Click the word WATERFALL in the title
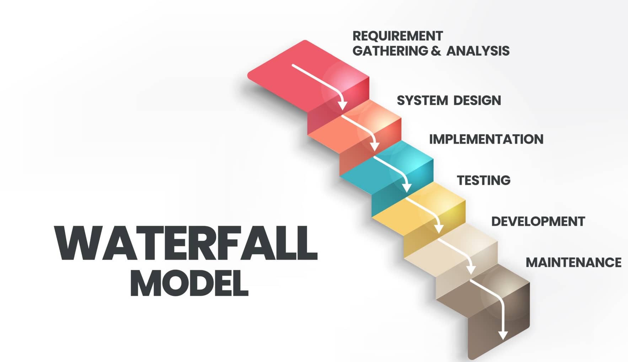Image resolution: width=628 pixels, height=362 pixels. pyautogui.click(x=186, y=243)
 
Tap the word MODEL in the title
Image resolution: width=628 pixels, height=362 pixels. pyautogui.click(x=189, y=284)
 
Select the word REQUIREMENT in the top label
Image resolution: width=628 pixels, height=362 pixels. pyautogui.click(x=397, y=36)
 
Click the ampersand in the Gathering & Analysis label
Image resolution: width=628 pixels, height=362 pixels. pyautogui.click(x=435, y=51)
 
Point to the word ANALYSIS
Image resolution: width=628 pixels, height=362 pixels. pyautogui.click(x=478, y=51)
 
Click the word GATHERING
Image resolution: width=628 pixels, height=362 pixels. pyautogui.click(x=390, y=51)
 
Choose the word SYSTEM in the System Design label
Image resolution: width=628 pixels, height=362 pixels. pyautogui.click(x=422, y=100)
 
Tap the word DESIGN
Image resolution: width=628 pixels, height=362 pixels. pyautogui.click(x=477, y=100)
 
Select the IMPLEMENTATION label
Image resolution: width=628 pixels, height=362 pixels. pyautogui.click(x=486, y=139)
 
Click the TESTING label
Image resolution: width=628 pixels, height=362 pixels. pyautogui.click(x=483, y=180)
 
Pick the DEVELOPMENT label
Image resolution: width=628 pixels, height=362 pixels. pyautogui.click(x=538, y=221)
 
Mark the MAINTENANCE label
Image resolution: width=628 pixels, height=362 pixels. pyautogui.click(x=573, y=262)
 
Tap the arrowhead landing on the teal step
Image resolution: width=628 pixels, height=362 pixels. pyautogui.click(x=375, y=146)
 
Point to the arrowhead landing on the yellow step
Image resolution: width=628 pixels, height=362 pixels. pyautogui.click(x=407, y=187)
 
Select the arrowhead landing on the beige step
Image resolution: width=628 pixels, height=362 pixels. pyautogui.click(x=439, y=229)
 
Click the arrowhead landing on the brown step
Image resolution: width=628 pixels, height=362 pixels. pyautogui.click(x=471, y=269)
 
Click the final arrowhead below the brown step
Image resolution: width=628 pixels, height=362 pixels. pyautogui.click(x=503, y=335)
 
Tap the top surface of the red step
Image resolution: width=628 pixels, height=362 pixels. pyautogui.click(x=307, y=75)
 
